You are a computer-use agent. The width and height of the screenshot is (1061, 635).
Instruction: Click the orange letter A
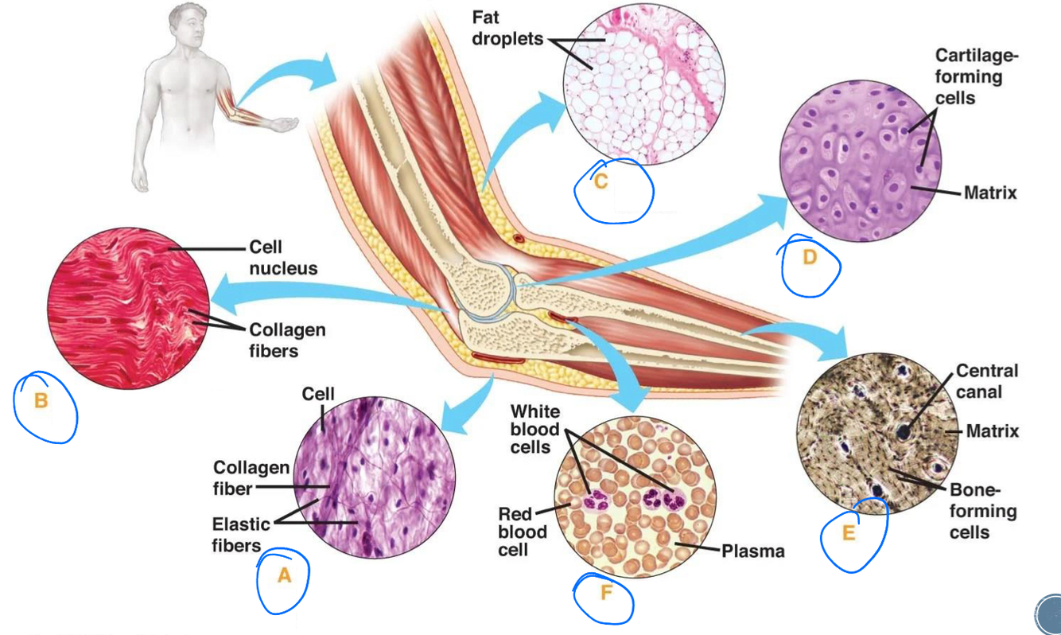click(284, 576)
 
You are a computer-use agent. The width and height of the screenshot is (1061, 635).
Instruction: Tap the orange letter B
click(41, 401)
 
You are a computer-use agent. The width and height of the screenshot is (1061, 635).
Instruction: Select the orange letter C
click(601, 182)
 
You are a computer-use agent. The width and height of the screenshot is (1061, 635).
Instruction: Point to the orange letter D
click(810, 257)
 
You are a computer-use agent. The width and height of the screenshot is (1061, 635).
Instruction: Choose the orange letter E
click(849, 533)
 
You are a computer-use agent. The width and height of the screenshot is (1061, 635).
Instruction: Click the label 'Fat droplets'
click(507, 28)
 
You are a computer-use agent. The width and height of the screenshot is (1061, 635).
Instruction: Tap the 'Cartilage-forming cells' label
click(976, 76)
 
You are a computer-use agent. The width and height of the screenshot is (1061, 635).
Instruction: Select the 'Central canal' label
click(986, 381)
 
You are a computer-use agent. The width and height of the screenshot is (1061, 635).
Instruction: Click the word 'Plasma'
click(752, 551)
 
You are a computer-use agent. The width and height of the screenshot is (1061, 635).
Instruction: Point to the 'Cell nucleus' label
click(282, 258)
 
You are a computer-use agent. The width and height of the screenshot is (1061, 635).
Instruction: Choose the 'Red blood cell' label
click(523, 531)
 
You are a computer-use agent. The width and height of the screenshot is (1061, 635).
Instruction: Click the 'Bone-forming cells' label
click(982, 510)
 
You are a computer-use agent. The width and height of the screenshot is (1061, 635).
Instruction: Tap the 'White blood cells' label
click(534, 429)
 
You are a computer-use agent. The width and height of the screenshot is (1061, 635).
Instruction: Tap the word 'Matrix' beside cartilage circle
click(990, 192)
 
